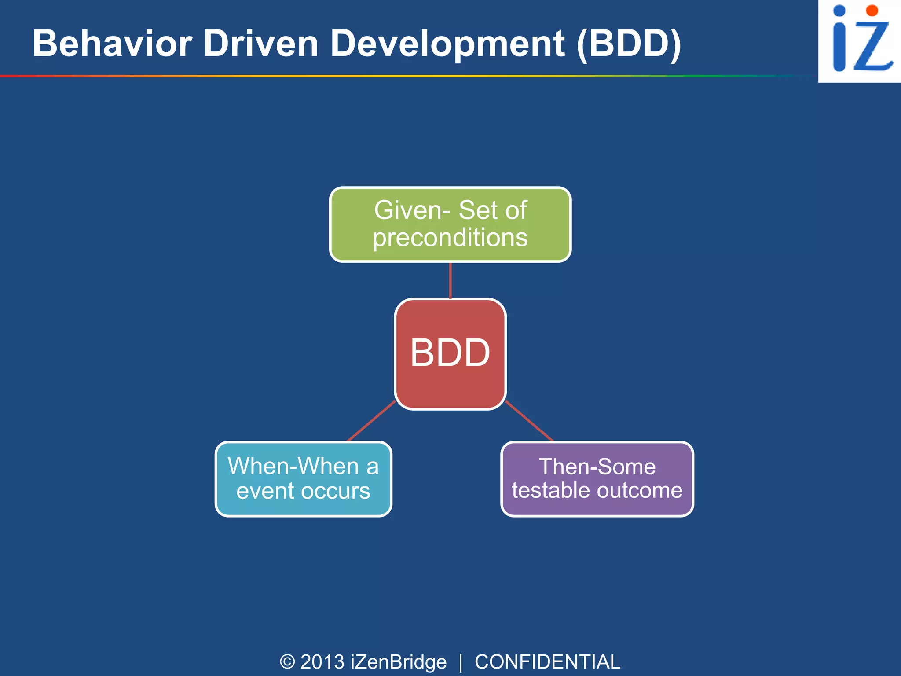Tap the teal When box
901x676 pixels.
click(303, 479)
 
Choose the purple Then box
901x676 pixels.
click(597, 479)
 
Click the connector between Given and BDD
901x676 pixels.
click(450, 280)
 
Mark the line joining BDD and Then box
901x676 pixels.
click(529, 421)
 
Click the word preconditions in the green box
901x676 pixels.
click(450, 238)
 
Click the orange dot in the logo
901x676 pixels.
click(872, 11)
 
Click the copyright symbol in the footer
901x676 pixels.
click(287, 661)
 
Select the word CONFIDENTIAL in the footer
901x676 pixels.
click(547, 661)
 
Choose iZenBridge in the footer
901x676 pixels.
click(399, 661)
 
